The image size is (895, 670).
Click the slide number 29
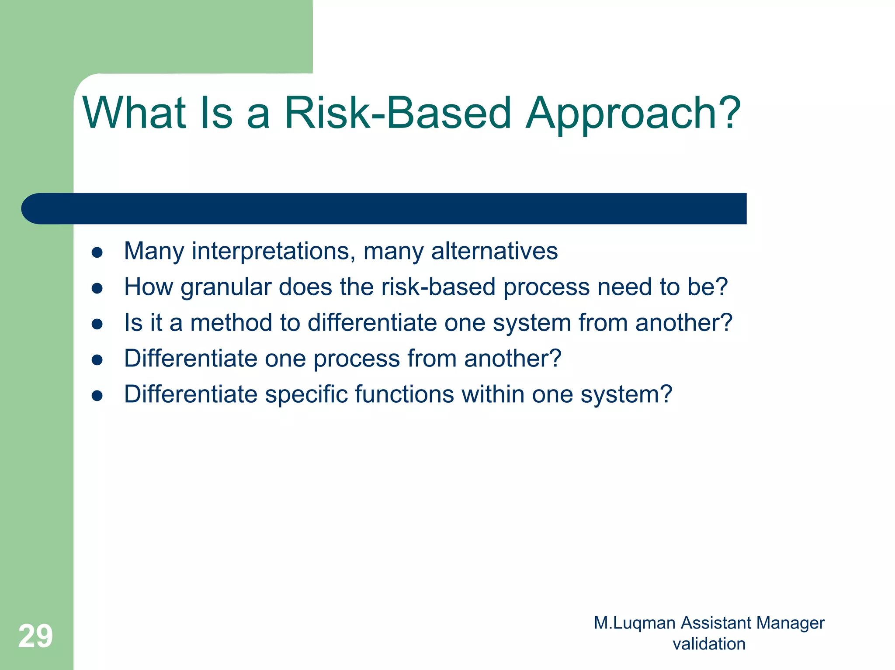tap(35, 636)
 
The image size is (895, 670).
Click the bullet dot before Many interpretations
tap(97, 252)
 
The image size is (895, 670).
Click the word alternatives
tap(494, 251)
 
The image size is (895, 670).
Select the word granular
tap(226, 288)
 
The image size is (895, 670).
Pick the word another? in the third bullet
tap(683, 323)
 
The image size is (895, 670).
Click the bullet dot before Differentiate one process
tap(97, 359)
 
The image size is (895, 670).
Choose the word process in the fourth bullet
tap(357, 359)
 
